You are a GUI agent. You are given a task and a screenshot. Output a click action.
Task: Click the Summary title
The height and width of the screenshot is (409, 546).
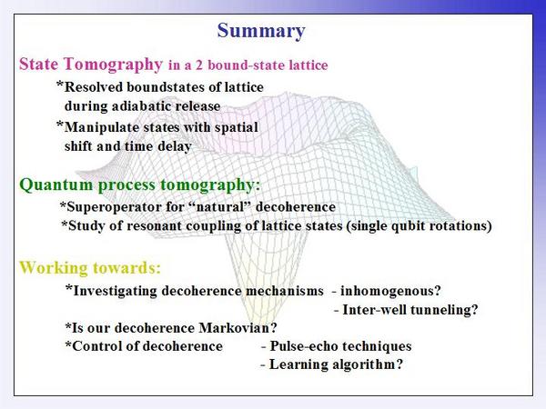pos(261,31)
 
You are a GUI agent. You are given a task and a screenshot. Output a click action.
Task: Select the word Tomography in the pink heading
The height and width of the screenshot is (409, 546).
pos(113,65)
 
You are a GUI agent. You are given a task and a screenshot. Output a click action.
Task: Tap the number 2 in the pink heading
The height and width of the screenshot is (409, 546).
pos(198,65)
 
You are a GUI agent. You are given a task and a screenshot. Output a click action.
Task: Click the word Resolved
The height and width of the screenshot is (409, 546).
pos(94,87)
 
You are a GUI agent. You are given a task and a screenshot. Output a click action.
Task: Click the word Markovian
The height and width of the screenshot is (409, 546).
pos(238,327)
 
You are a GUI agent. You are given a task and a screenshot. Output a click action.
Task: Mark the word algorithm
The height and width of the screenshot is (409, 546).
pos(368,364)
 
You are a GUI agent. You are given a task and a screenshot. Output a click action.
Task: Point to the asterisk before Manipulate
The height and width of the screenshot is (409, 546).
pos(60,125)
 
